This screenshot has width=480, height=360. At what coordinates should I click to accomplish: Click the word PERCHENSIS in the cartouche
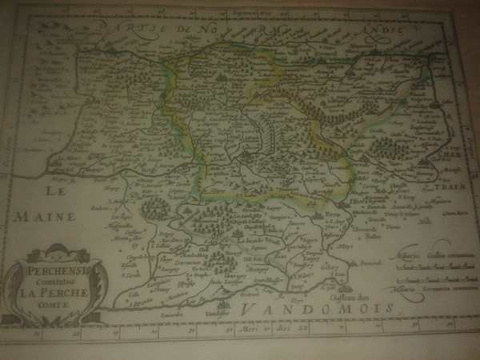pyautogui.click(x=57, y=271)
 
